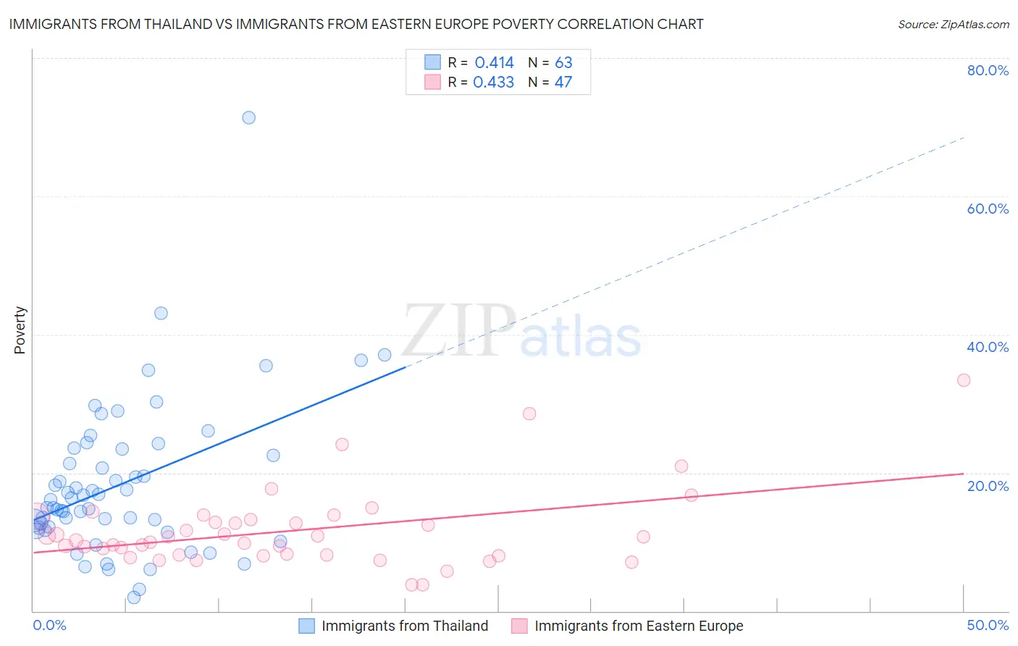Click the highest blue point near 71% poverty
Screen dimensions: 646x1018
248,117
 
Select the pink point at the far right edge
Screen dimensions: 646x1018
963,380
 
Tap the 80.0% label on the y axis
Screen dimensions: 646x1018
988,70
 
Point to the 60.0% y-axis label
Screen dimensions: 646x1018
988,209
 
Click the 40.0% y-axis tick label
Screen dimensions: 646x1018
988,347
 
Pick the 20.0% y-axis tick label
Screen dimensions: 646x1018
988,486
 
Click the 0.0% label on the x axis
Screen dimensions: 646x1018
49,625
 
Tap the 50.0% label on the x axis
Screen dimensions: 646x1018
988,625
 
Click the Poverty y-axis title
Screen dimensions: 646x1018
20,330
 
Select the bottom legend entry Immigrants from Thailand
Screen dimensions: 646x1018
405,626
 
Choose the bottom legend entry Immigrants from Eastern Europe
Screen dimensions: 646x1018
639,626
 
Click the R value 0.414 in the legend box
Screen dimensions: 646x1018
494,63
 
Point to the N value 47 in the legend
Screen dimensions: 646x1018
563,83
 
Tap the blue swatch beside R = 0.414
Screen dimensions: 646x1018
432,62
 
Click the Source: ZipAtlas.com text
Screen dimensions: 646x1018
953,25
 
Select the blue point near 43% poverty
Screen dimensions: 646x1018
161,313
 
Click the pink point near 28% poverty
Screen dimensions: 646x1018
529,414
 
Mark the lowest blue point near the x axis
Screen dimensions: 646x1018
134,597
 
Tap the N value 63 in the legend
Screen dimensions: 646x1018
563,63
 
